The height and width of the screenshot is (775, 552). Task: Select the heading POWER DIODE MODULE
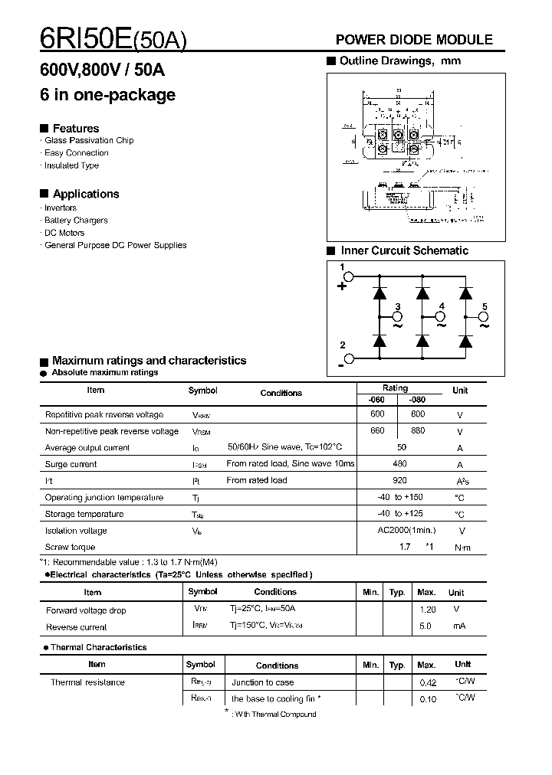click(415, 40)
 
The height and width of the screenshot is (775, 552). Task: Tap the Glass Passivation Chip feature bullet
click(88, 141)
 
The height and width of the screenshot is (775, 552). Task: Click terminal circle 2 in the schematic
click(347, 358)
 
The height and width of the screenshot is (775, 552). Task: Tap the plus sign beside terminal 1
click(342, 287)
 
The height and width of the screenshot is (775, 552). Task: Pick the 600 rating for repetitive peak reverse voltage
click(377, 414)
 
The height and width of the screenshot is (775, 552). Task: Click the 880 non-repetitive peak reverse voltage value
click(418, 430)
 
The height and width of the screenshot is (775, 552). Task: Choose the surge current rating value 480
click(399, 463)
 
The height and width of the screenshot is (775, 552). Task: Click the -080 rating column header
click(417, 400)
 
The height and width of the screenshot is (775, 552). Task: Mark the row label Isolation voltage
click(76, 531)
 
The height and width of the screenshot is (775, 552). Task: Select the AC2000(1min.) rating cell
click(406, 530)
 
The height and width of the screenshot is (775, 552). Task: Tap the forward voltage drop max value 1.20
click(428, 610)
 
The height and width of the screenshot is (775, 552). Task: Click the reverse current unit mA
click(458, 626)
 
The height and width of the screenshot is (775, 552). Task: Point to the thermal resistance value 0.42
click(428, 682)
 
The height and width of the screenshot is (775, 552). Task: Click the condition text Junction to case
click(262, 682)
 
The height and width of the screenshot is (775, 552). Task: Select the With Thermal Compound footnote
click(275, 715)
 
